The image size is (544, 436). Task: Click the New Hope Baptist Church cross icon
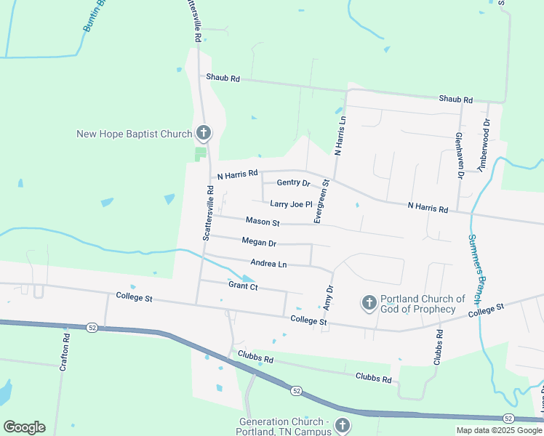click(204, 133)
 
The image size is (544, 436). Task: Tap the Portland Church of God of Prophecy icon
click(369, 302)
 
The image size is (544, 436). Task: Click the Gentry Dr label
click(293, 182)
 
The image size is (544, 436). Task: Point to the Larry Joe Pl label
click(290, 204)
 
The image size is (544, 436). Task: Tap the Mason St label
click(263, 221)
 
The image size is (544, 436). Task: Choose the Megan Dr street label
click(259, 243)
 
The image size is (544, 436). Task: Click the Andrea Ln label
click(268, 263)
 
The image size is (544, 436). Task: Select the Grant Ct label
click(243, 286)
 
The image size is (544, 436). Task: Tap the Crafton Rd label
click(65, 352)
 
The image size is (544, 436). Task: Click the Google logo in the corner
click(23, 427)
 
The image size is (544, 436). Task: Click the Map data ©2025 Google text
click(499, 430)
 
